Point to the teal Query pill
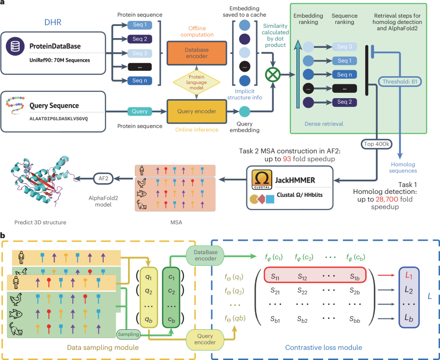pyautogui.click(x=140, y=111)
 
